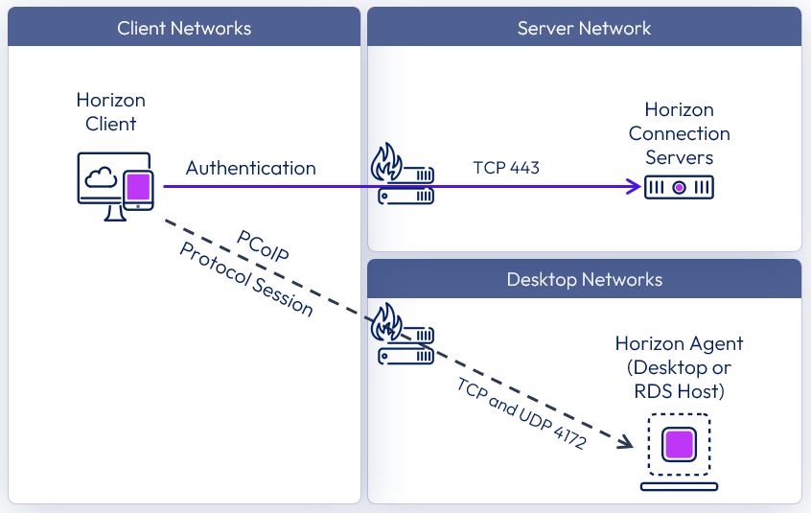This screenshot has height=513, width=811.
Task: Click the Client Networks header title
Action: (x=184, y=28)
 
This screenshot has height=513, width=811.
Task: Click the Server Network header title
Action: (x=584, y=28)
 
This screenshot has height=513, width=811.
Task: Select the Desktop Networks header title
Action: (x=584, y=279)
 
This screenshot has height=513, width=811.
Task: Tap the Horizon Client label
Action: (x=111, y=111)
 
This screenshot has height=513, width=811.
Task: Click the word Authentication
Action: (x=250, y=168)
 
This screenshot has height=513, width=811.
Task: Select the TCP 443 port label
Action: (x=506, y=168)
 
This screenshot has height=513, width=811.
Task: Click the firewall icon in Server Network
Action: (x=402, y=175)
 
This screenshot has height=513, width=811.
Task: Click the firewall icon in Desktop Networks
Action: (x=402, y=335)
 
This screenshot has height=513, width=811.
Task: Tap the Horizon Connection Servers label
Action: (x=679, y=133)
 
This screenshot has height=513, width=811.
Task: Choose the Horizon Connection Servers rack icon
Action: (x=679, y=188)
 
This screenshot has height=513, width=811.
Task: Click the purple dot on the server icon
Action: (x=679, y=188)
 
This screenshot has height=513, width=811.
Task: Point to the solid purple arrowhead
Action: (x=633, y=187)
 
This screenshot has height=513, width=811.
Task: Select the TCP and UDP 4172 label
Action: (x=521, y=413)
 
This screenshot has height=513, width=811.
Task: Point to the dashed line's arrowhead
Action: (x=625, y=441)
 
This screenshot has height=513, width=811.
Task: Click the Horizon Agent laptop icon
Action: (x=679, y=452)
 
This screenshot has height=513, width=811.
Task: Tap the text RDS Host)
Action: (x=679, y=391)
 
